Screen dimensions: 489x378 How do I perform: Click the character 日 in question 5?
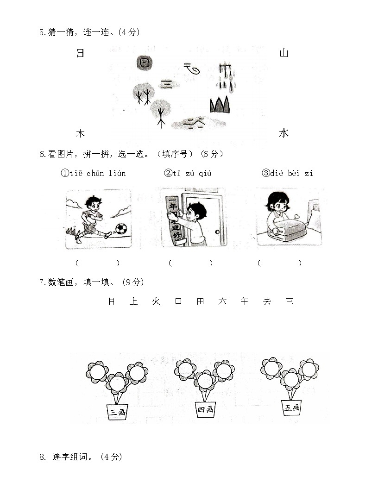click(80, 53)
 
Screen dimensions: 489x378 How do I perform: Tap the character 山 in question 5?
click(283, 53)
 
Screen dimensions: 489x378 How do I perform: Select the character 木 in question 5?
click(80, 133)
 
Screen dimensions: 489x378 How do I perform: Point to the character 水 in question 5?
click(283, 133)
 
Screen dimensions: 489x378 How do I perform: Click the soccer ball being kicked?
click(121, 229)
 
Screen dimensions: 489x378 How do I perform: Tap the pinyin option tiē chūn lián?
click(93, 173)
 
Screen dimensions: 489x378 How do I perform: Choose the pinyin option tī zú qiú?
click(188, 173)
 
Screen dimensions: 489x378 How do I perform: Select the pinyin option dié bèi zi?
click(287, 173)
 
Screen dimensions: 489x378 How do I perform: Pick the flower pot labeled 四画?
click(205, 409)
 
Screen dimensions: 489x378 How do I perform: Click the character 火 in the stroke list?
click(156, 301)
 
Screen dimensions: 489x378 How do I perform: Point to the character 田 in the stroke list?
click(200, 301)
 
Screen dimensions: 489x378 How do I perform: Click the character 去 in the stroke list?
click(267, 301)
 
